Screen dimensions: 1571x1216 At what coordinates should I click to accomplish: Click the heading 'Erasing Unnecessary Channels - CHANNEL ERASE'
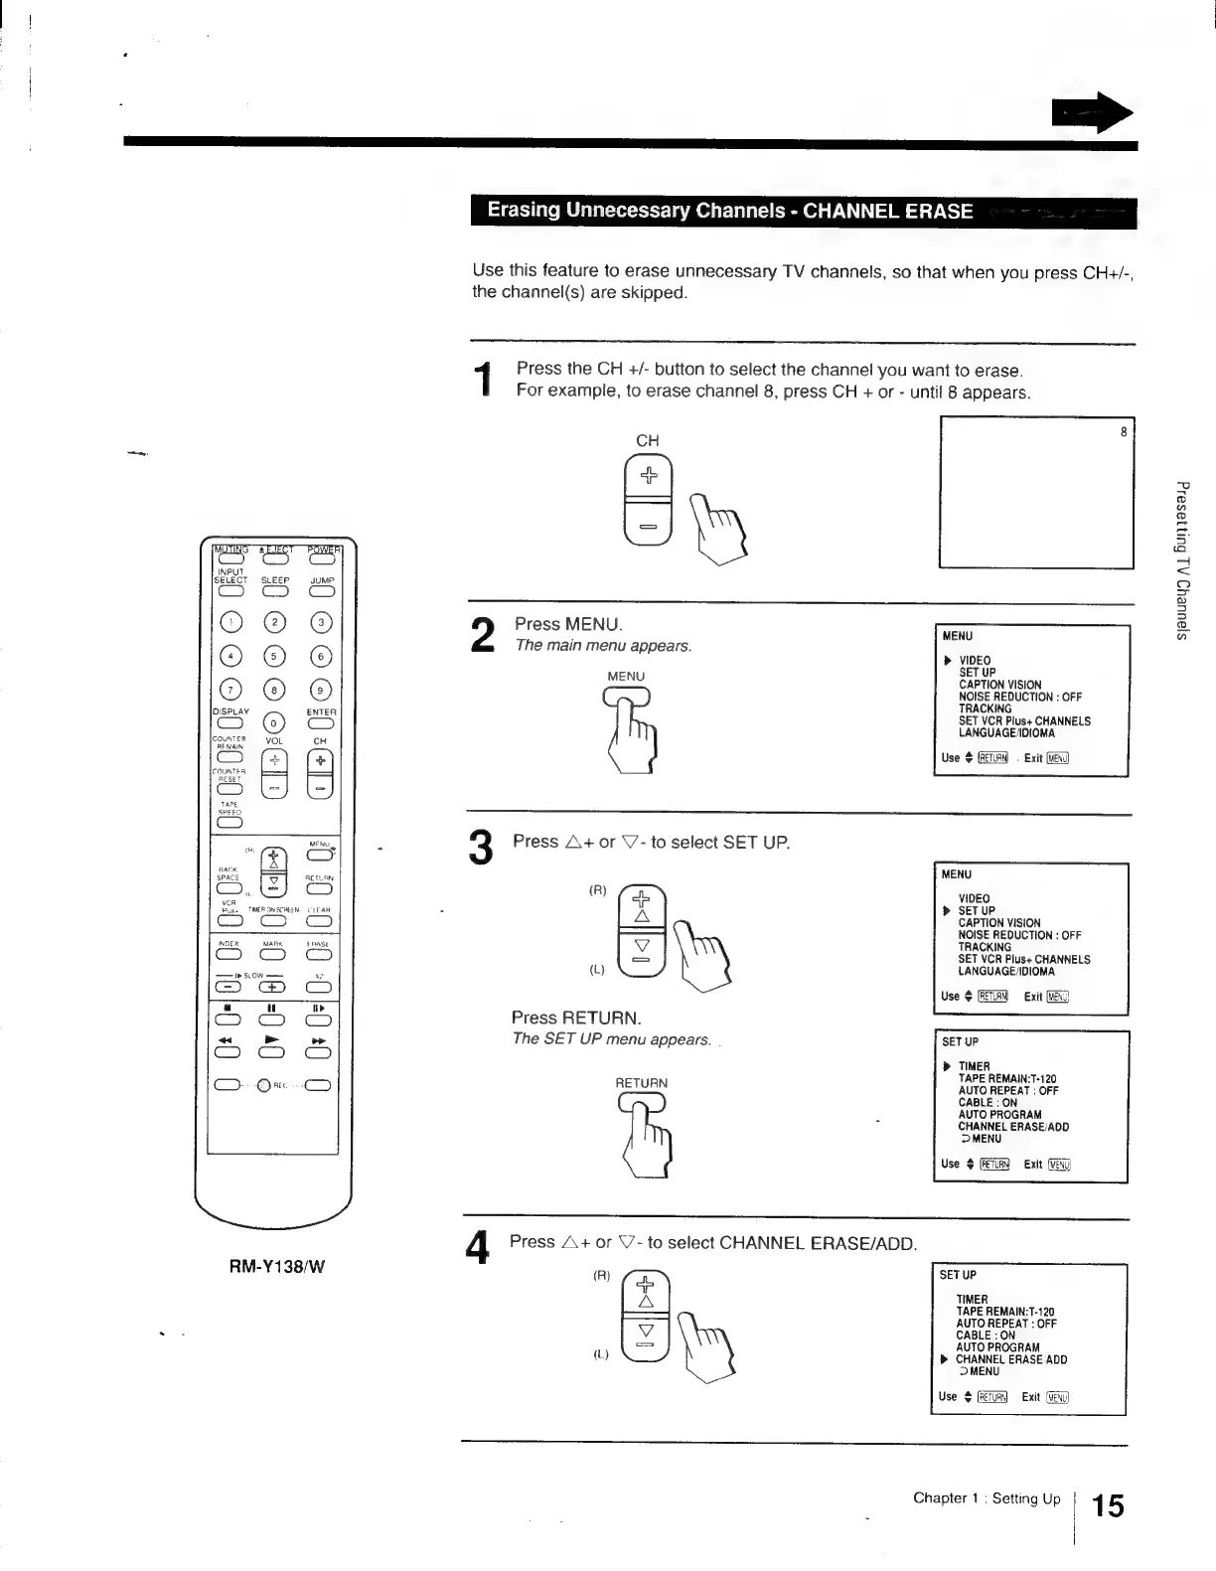point(729,211)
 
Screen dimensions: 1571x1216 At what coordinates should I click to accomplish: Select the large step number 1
point(483,381)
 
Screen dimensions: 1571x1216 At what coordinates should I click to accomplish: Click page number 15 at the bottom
point(1108,1506)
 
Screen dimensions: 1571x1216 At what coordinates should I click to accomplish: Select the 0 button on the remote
point(275,722)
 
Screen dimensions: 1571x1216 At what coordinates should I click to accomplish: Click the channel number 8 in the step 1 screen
point(1124,432)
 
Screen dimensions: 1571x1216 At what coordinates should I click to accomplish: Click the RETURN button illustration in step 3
point(642,1103)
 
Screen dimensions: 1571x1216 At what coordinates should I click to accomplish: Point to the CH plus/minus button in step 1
point(648,500)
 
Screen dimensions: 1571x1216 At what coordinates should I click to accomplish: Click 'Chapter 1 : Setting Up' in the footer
point(987,1498)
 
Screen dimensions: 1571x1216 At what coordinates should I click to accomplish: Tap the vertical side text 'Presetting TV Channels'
point(1181,560)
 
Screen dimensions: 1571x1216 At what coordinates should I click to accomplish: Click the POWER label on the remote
point(323,550)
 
